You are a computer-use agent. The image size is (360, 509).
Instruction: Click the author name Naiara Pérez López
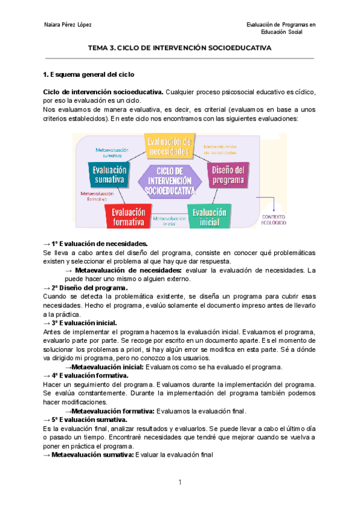tap(68, 25)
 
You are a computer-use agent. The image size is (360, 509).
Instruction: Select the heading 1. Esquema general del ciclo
tap(90, 75)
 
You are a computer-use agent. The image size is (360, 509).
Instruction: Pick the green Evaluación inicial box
tap(209, 217)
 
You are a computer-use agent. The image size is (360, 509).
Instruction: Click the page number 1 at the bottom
tap(180, 483)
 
